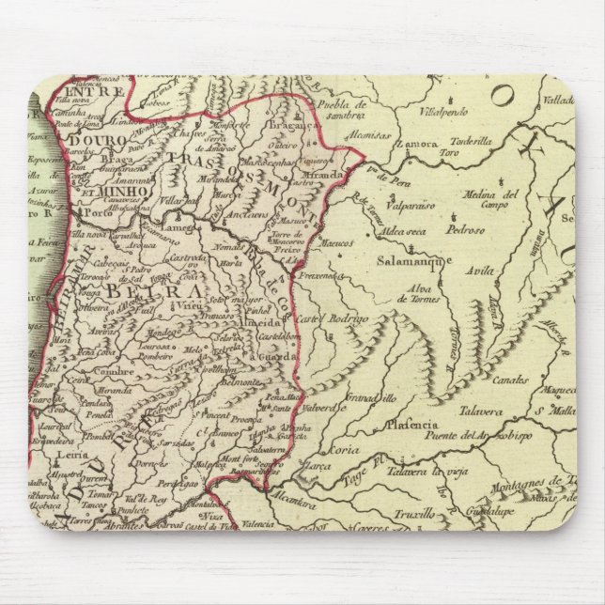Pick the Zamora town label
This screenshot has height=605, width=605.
click(x=418, y=144)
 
